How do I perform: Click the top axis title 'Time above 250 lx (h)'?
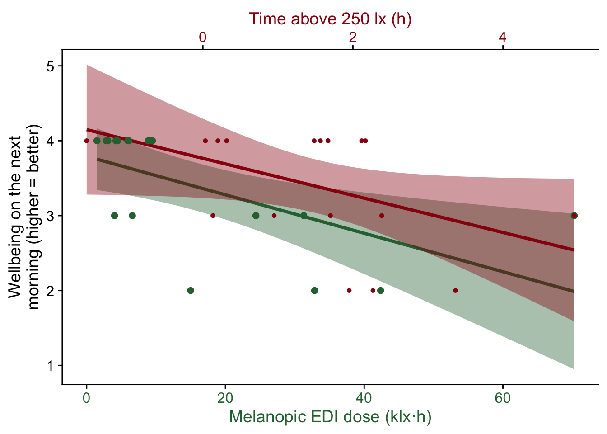pyautogui.click(x=330, y=19)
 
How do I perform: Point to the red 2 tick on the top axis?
pyautogui.click(x=353, y=38)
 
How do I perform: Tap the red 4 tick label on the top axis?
pyautogui.click(x=503, y=38)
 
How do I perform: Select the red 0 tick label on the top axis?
pyautogui.click(x=203, y=38)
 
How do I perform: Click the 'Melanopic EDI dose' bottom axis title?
pyautogui.click(x=330, y=416)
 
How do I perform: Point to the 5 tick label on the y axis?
pyautogui.click(x=51, y=66)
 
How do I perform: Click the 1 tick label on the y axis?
pyautogui.click(x=51, y=365)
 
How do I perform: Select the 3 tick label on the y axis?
pyautogui.click(x=51, y=216)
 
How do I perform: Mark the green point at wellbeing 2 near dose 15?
pyautogui.click(x=191, y=290)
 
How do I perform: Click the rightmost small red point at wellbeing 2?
pyautogui.click(x=455, y=290)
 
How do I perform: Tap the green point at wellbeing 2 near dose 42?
pyautogui.click(x=381, y=290)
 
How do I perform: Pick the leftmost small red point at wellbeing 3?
pyautogui.click(x=213, y=216)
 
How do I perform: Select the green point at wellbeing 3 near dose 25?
pyautogui.click(x=256, y=216)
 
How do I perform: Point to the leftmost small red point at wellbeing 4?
pyautogui.click(x=87, y=141)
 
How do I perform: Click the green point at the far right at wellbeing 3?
pyautogui.click(x=574, y=216)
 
